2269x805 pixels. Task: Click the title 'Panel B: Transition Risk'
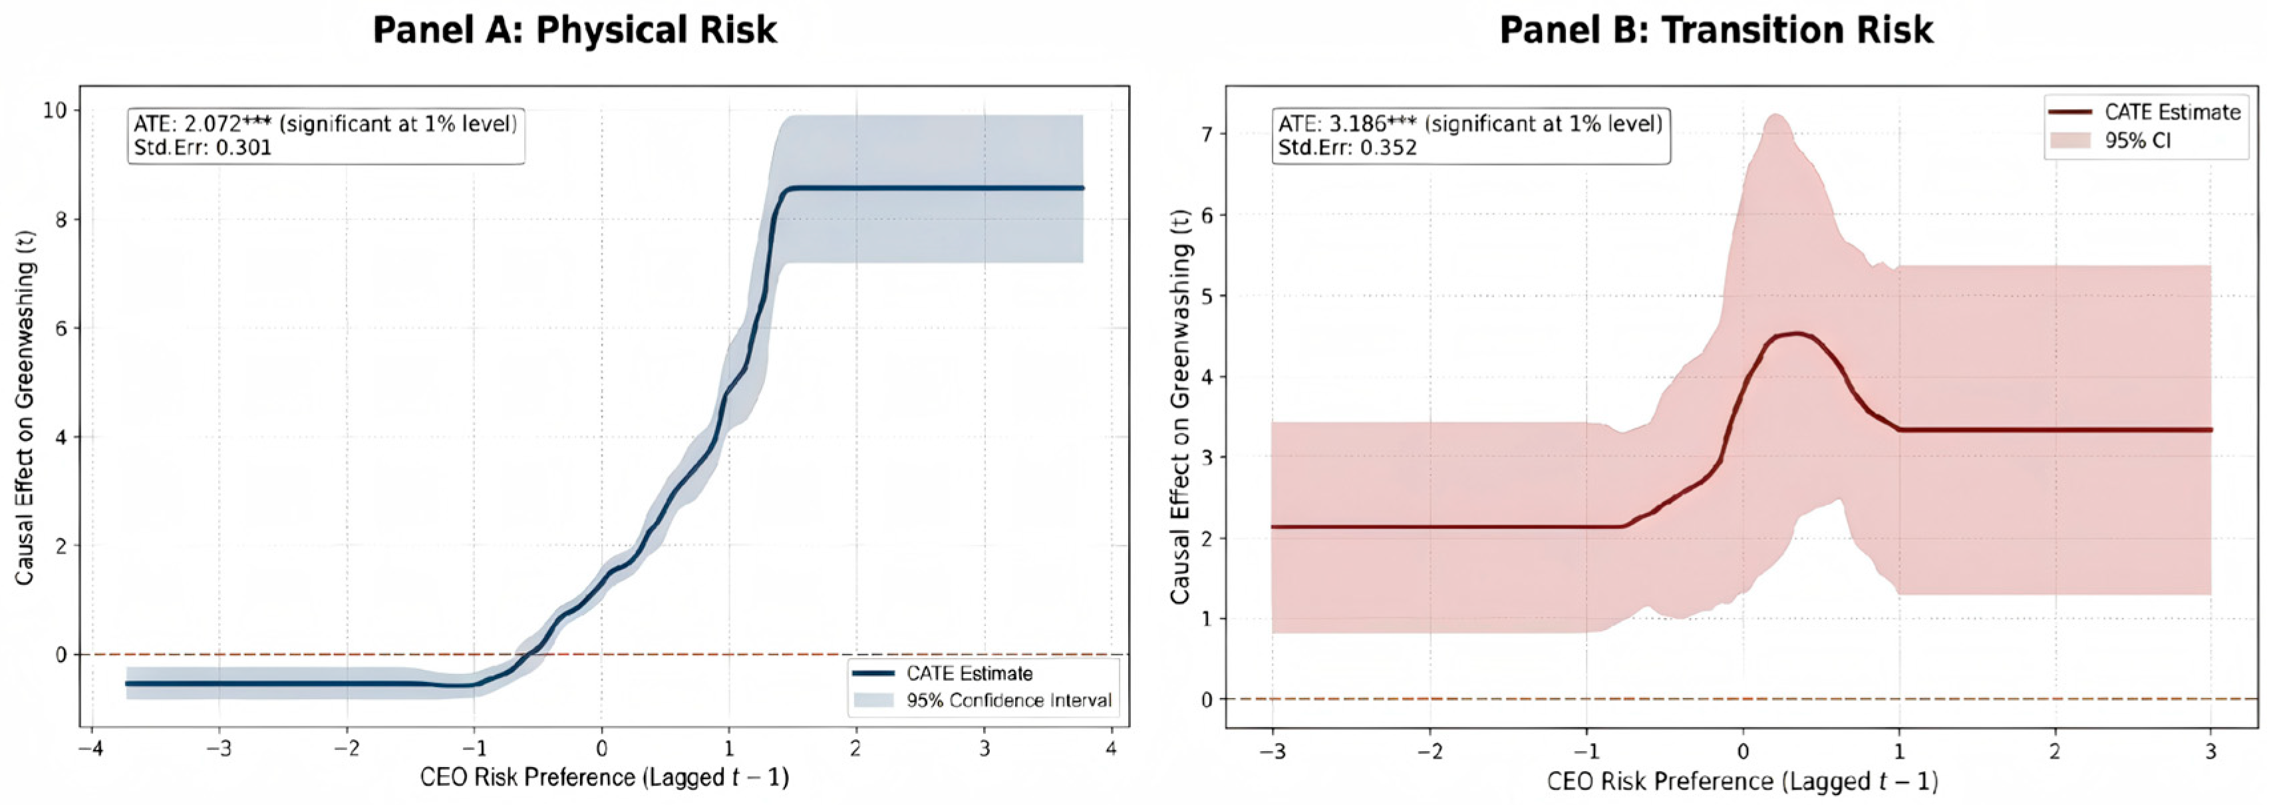click(x=1716, y=30)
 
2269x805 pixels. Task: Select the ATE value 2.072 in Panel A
click(x=212, y=123)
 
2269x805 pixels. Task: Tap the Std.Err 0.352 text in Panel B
click(x=1348, y=147)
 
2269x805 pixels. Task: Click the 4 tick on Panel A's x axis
click(x=1111, y=750)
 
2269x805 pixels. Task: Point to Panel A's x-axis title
click(x=604, y=778)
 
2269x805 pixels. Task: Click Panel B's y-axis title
click(x=1180, y=407)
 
